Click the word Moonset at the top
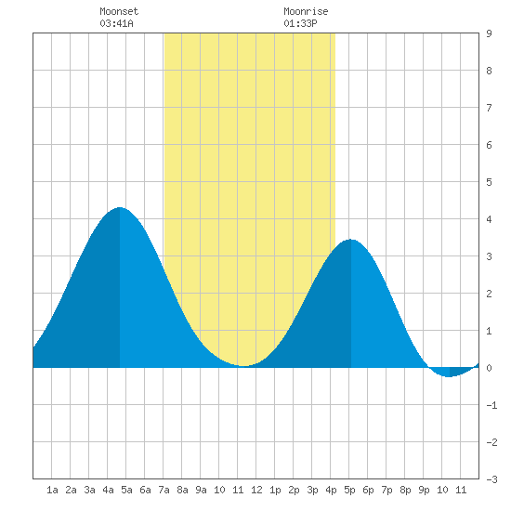tap(119, 11)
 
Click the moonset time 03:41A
tap(116, 23)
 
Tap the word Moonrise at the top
tap(306, 11)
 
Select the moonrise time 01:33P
tap(300, 23)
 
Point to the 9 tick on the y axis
tap(489, 33)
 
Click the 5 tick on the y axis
tap(489, 182)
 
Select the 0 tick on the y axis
tap(489, 368)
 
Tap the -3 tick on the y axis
tap(491, 479)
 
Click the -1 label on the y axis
tap(491, 405)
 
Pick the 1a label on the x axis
tap(52, 490)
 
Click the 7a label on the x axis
tap(164, 490)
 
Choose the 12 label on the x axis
tap(256, 490)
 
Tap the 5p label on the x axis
tap(349, 490)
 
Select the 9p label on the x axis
tap(424, 490)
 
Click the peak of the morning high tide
tap(120, 207)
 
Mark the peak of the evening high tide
tap(350, 240)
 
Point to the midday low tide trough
tap(243, 366)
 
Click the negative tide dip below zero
tap(449, 376)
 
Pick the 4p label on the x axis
tap(331, 490)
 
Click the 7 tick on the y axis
tap(489, 108)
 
